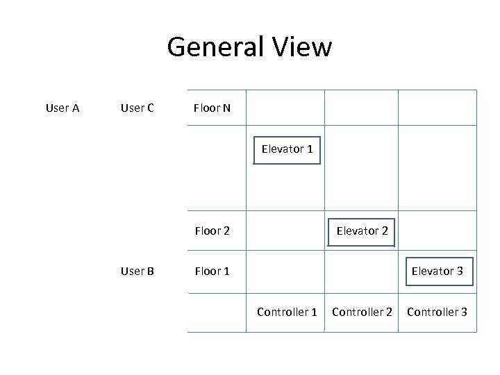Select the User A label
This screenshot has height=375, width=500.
coord(62,108)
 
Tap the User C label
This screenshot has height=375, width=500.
coord(137,108)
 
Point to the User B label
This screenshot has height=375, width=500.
coord(137,271)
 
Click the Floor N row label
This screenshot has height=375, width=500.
coord(212,108)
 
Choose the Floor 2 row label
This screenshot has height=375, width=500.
coord(212,231)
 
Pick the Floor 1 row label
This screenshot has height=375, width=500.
coord(212,271)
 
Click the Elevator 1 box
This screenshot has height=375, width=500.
coord(287,149)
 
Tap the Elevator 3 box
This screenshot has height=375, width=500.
coord(437,271)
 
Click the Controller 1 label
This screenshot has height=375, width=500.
coord(287,312)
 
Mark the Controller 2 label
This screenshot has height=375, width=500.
coord(362,312)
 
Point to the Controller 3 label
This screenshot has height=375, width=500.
coord(437,312)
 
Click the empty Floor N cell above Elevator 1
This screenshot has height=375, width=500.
coord(285,108)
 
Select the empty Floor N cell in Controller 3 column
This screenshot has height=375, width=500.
coord(437,108)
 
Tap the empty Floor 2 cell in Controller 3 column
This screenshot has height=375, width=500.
coord(437,231)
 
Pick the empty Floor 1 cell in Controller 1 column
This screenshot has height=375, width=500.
coord(285,271)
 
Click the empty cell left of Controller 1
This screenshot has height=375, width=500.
coord(217,312)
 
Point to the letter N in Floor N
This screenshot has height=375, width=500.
coord(226,108)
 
